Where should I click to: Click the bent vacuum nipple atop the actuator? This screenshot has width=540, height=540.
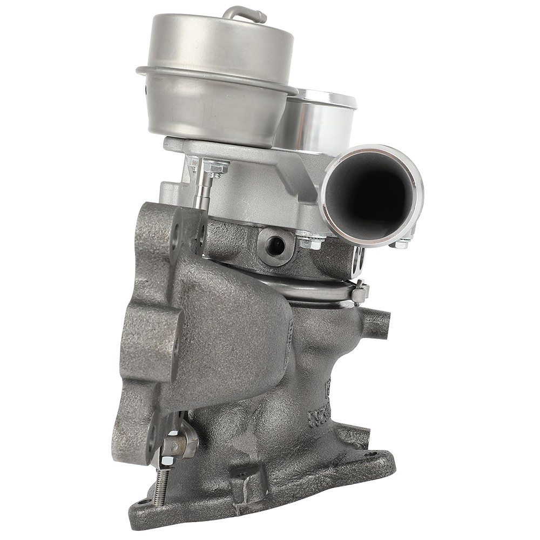[246, 12]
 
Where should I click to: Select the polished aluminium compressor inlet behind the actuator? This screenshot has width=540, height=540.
[319, 122]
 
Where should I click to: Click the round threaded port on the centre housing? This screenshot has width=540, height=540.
[276, 246]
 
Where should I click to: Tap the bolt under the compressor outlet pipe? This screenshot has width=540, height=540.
[400, 244]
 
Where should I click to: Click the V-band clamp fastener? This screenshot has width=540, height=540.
[359, 292]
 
